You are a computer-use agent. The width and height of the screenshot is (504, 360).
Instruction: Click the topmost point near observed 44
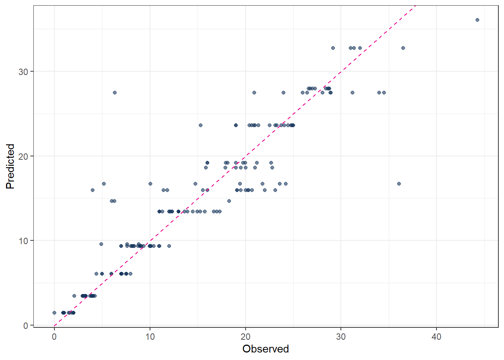tap(477, 20)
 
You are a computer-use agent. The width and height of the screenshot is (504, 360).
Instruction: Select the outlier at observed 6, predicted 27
tap(115, 93)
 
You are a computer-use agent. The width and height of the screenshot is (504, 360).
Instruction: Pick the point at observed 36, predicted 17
tap(399, 184)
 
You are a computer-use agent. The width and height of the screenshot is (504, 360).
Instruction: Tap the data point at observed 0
tap(54, 313)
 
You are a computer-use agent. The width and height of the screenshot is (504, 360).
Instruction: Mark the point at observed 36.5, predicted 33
tap(403, 48)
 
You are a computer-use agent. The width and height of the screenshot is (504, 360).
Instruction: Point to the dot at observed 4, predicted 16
tap(93, 190)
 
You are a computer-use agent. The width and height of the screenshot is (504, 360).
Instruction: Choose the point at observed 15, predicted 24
tap(201, 125)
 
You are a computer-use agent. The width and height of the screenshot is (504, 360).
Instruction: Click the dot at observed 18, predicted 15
tap(229, 201)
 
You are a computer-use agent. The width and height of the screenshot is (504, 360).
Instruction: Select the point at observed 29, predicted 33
tap(333, 48)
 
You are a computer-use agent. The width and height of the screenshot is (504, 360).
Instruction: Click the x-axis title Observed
tap(265, 349)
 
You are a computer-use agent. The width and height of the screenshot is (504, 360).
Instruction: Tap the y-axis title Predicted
tap(10, 166)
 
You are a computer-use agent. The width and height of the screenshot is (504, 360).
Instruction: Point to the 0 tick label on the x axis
tap(54, 337)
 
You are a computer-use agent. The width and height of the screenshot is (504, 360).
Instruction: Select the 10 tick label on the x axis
tap(150, 337)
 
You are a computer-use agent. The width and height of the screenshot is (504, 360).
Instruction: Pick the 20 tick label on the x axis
tap(246, 337)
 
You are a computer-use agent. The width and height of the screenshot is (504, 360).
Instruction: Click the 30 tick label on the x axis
tap(341, 337)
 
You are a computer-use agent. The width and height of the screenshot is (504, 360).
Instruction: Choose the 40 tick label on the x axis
tap(436, 337)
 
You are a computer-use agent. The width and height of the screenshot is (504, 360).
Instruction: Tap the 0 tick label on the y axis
tap(25, 325)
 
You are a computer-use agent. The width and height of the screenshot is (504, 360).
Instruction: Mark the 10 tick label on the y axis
tap(23, 241)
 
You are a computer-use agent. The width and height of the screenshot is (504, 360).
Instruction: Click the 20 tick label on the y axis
tap(23, 156)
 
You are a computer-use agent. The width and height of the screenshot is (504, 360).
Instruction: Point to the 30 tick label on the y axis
tap(23, 72)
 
